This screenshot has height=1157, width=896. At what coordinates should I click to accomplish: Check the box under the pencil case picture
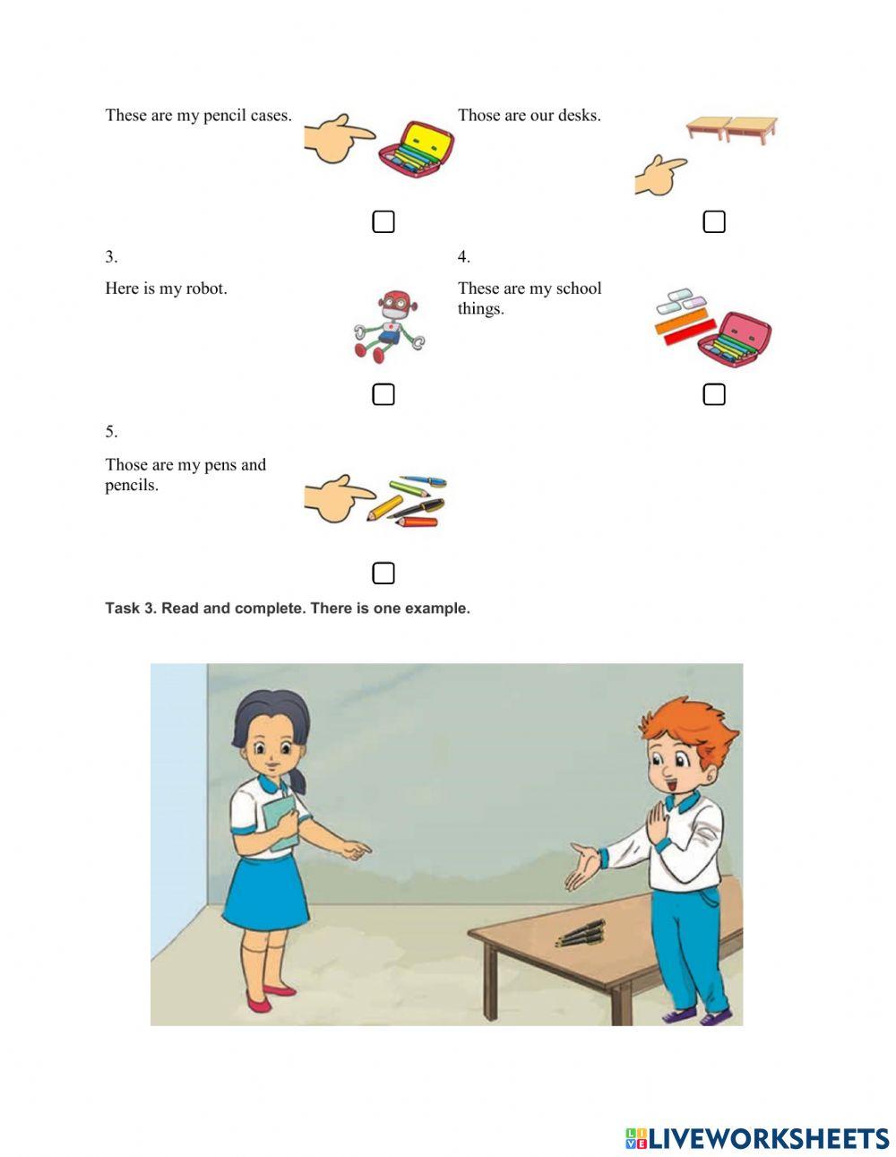tap(383, 221)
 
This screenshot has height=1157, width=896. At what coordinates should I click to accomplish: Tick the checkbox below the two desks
tap(714, 221)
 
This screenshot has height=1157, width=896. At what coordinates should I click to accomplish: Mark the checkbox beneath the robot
tap(383, 394)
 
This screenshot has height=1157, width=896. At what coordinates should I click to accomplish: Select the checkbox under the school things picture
tap(714, 394)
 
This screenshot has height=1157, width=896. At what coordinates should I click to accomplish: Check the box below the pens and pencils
tap(383, 574)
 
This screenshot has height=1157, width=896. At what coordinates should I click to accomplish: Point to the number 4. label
tap(464, 257)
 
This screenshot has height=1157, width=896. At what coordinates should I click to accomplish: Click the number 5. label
tap(111, 431)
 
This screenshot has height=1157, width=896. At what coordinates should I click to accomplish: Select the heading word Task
tap(122, 608)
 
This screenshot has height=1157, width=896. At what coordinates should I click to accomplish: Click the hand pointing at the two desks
tap(659, 176)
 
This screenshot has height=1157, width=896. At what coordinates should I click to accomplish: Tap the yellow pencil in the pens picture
tap(384, 508)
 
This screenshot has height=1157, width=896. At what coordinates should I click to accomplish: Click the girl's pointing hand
tap(356, 850)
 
